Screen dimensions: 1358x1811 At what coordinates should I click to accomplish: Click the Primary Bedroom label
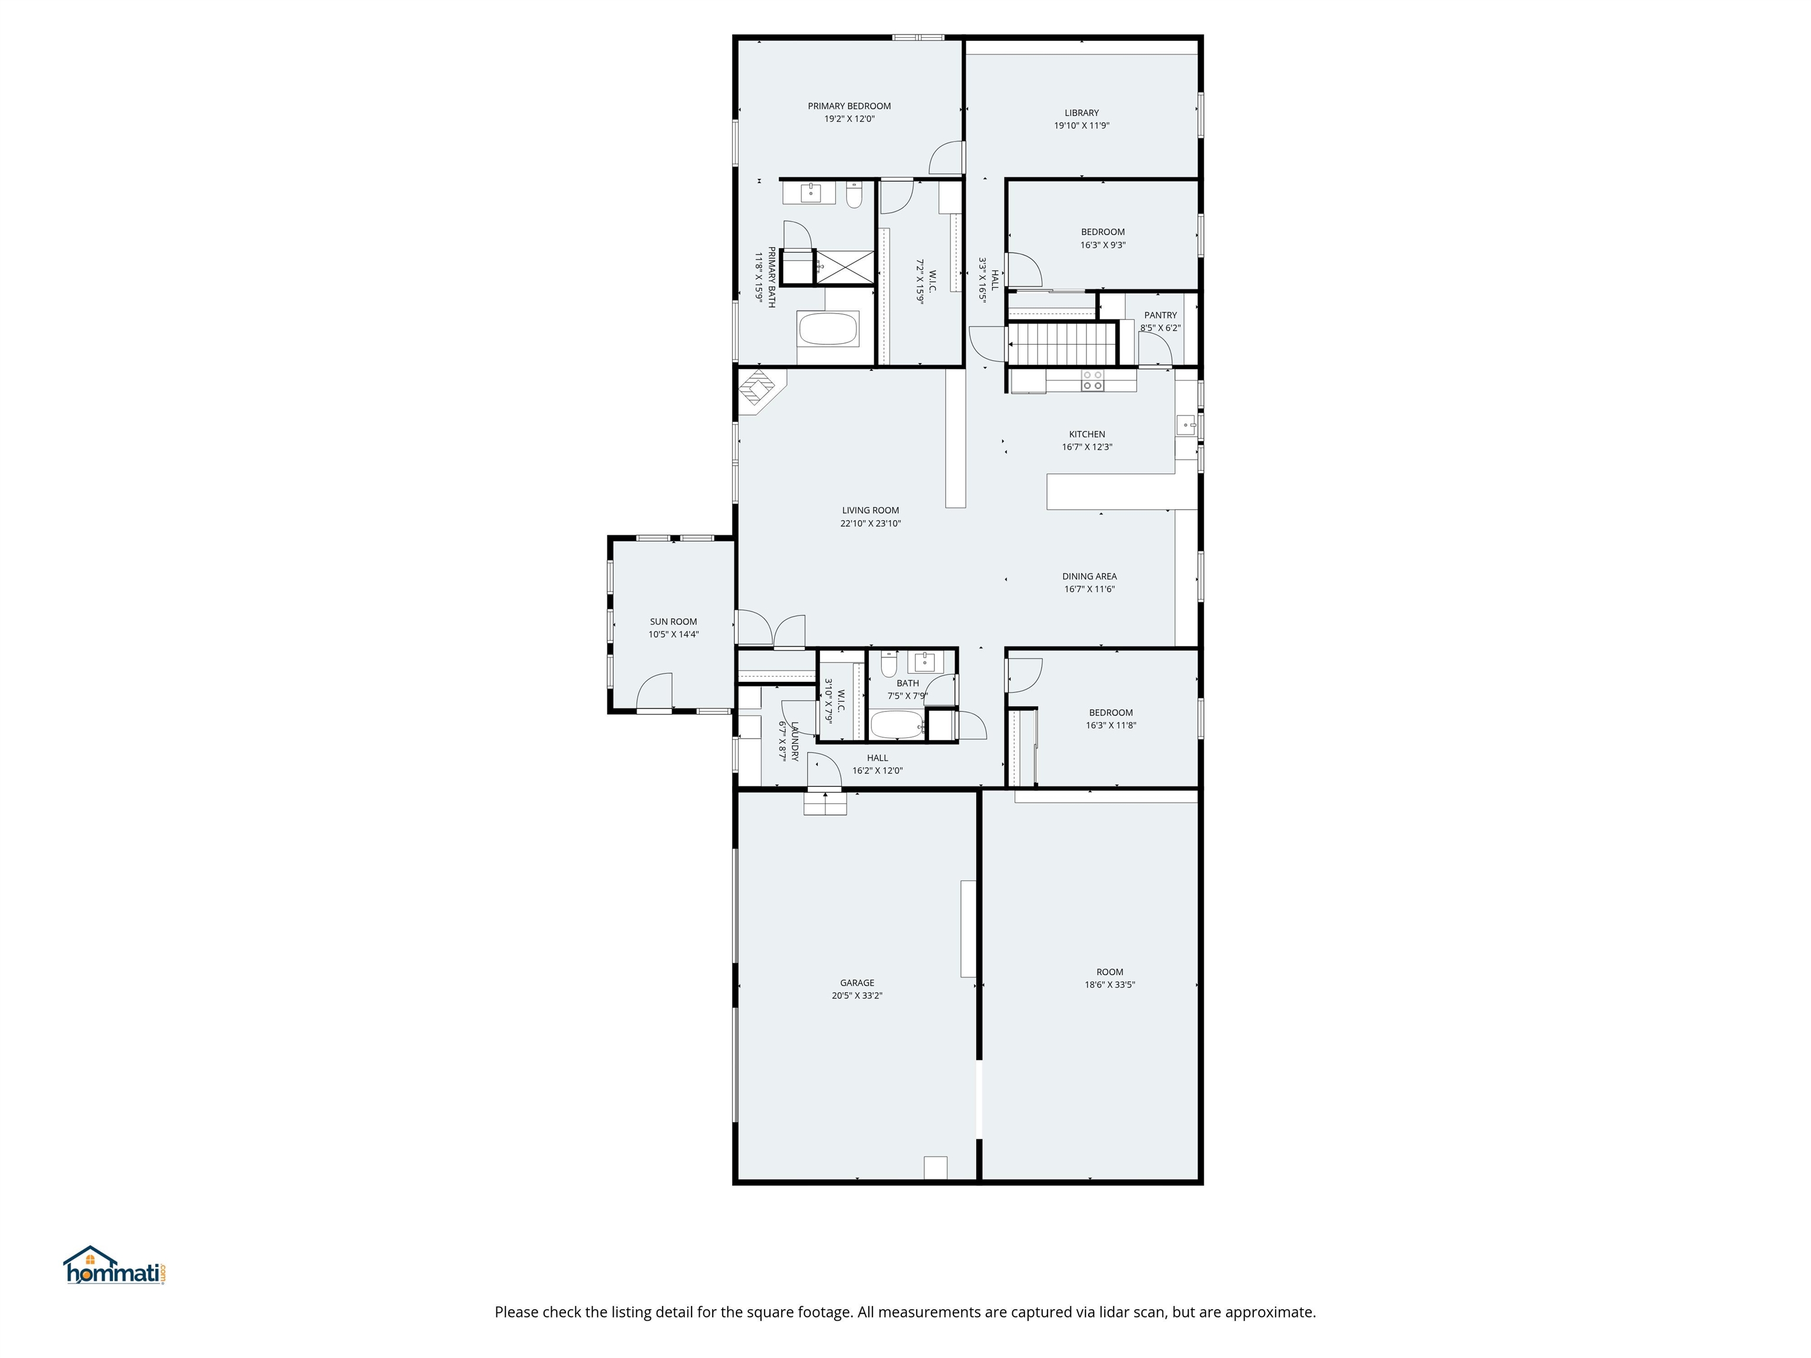click(x=849, y=106)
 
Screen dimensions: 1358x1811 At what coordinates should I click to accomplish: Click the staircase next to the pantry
click(x=1062, y=344)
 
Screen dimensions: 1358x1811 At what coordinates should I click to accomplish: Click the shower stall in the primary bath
click(x=845, y=267)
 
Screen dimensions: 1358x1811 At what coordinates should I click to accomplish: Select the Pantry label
click(x=1160, y=315)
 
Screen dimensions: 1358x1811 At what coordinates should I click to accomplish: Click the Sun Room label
click(x=673, y=621)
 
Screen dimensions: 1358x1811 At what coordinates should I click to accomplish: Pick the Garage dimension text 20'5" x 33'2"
click(x=857, y=996)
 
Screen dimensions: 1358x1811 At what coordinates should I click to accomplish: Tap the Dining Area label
click(x=1089, y=576)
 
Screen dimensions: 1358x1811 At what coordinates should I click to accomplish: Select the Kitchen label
click(x=1086, y=434)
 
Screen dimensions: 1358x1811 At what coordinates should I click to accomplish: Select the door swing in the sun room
click(x=655, y=692)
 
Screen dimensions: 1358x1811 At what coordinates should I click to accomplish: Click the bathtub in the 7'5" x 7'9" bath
click(x=895, y=724)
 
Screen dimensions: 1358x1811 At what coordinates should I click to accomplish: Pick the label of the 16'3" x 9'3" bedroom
click(x=1103, y=232)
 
